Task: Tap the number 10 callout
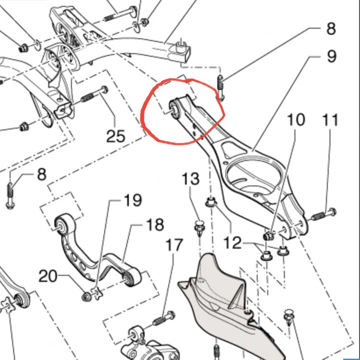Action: click(x=296, y=120)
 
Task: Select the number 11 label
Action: click(x=331, y=120)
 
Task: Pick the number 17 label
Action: click(x=174, y=245)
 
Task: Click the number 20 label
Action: click(x=48, y=276)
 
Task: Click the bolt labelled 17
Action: click(x=164, y=319)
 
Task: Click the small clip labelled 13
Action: click(x=198, y=226)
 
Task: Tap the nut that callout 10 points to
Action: click(x=269, y=236)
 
